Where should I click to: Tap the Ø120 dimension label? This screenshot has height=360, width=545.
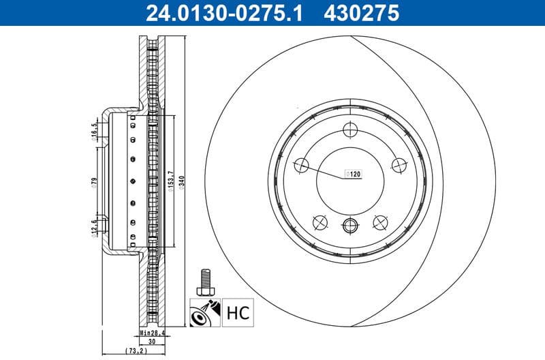[354, 175]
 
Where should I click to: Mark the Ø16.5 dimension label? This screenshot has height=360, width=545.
[94, 132]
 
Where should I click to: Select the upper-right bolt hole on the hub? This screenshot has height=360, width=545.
[400, 164]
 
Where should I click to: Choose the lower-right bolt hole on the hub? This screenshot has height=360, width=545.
[381, 222]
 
